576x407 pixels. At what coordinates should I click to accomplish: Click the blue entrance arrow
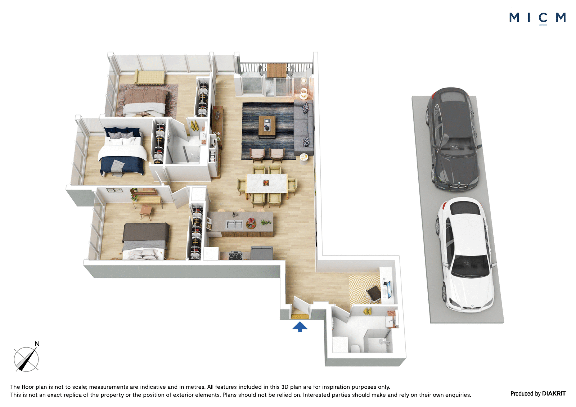tap(300, 327)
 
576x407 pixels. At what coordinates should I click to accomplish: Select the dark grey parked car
tap(453, 139)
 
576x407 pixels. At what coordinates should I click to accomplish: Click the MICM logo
tap(537, 18)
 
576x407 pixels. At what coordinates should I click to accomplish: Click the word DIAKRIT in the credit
tap(554, 393)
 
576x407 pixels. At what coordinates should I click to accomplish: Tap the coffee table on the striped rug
tap(267, 126)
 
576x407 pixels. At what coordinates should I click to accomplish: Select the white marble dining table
tap(267, 183)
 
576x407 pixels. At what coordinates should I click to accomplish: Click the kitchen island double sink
tap(234, 225)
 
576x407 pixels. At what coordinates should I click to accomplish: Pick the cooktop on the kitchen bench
tap(235, 255)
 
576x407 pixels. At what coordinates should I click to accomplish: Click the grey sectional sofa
tap(304, 127)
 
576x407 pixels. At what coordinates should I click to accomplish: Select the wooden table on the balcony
tap(277, 70)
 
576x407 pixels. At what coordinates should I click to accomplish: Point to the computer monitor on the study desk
tap(389, 289)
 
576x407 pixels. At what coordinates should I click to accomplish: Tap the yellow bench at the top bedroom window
tap(150, 77)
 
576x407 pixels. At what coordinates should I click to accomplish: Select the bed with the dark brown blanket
tap(145, 241)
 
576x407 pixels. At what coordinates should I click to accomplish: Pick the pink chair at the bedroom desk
tap(146, 212)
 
